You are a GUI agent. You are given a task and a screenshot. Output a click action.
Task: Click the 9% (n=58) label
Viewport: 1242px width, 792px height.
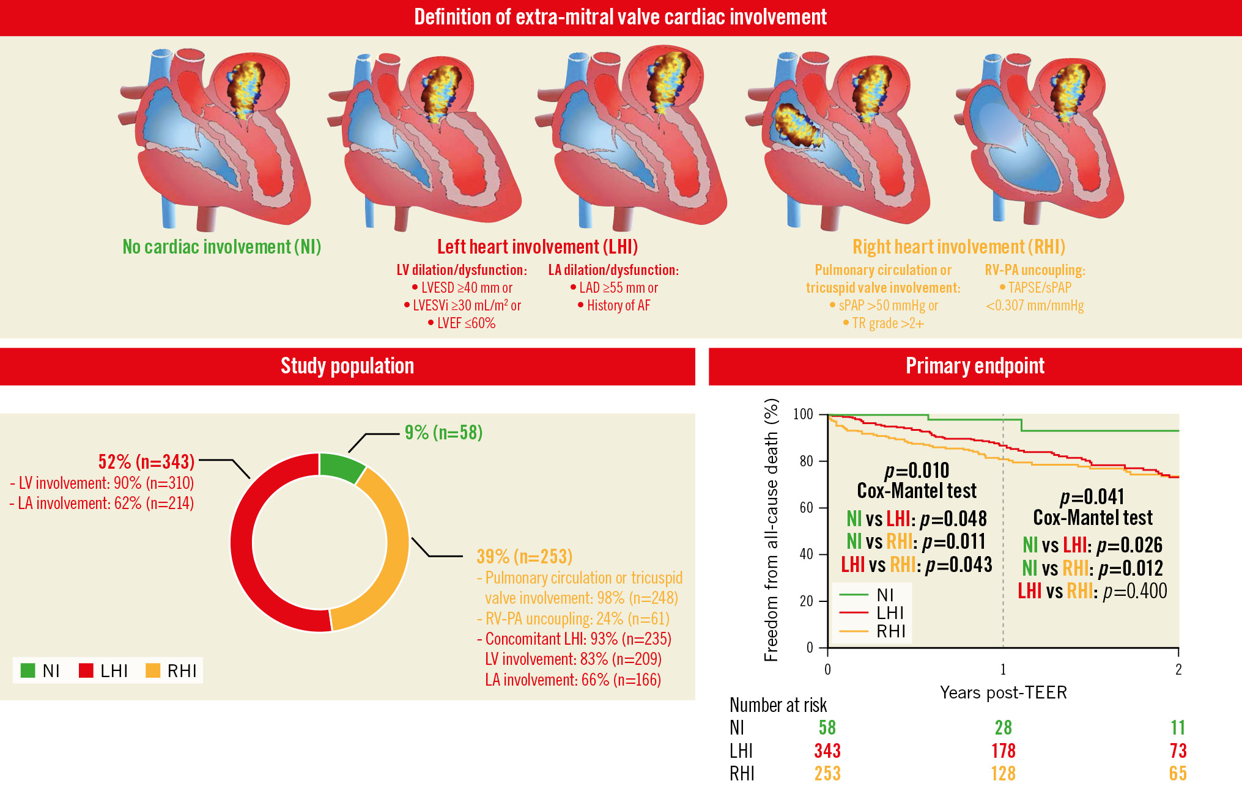click(x=443, y=433)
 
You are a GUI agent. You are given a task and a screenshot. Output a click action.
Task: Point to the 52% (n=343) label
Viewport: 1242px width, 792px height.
click(x=146, y=461)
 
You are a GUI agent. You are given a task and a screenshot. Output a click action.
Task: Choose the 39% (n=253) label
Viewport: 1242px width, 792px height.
click(x=524, y=556)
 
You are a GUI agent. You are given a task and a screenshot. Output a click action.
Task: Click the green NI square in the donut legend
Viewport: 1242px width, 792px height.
click(x=28, y=670)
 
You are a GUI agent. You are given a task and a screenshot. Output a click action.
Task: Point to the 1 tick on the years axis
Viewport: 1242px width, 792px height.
click(x=1003, y=670)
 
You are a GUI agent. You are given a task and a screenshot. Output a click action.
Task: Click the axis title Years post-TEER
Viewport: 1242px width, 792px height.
click(x=1003, y=692)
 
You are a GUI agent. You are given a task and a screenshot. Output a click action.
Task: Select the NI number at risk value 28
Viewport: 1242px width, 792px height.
click(x=1003, y=727)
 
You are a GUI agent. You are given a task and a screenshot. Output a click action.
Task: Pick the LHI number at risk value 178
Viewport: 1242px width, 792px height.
click(x=1003, y=750)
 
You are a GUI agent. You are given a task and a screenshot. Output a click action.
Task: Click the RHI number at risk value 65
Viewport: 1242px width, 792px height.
click(x=1177, y=774)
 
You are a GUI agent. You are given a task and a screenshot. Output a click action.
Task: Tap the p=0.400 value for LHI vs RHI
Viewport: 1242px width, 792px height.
click(x=1135, y=591)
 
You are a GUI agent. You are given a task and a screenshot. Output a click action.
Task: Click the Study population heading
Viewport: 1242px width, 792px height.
click(x=347, y=366)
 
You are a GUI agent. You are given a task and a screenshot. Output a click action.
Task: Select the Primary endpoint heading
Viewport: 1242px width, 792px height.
click(x=975, y=366)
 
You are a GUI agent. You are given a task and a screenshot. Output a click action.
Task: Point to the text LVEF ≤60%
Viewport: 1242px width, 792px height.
click(x=466, y=323)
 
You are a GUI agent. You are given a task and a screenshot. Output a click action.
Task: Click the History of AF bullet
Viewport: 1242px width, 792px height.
click(x=618, y=306)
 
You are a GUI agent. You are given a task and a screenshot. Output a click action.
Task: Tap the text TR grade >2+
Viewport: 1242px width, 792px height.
click(x=887, y=323)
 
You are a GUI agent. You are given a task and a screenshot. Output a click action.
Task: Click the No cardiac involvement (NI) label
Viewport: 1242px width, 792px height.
click(x=221, y=247)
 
